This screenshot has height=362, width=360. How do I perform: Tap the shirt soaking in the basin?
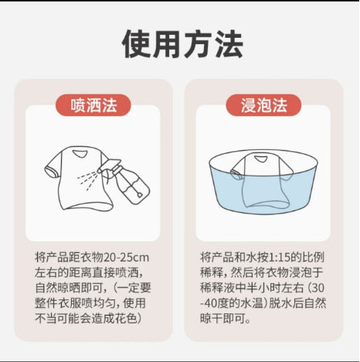(260, 178)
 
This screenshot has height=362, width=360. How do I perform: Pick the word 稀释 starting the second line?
(212, 271)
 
